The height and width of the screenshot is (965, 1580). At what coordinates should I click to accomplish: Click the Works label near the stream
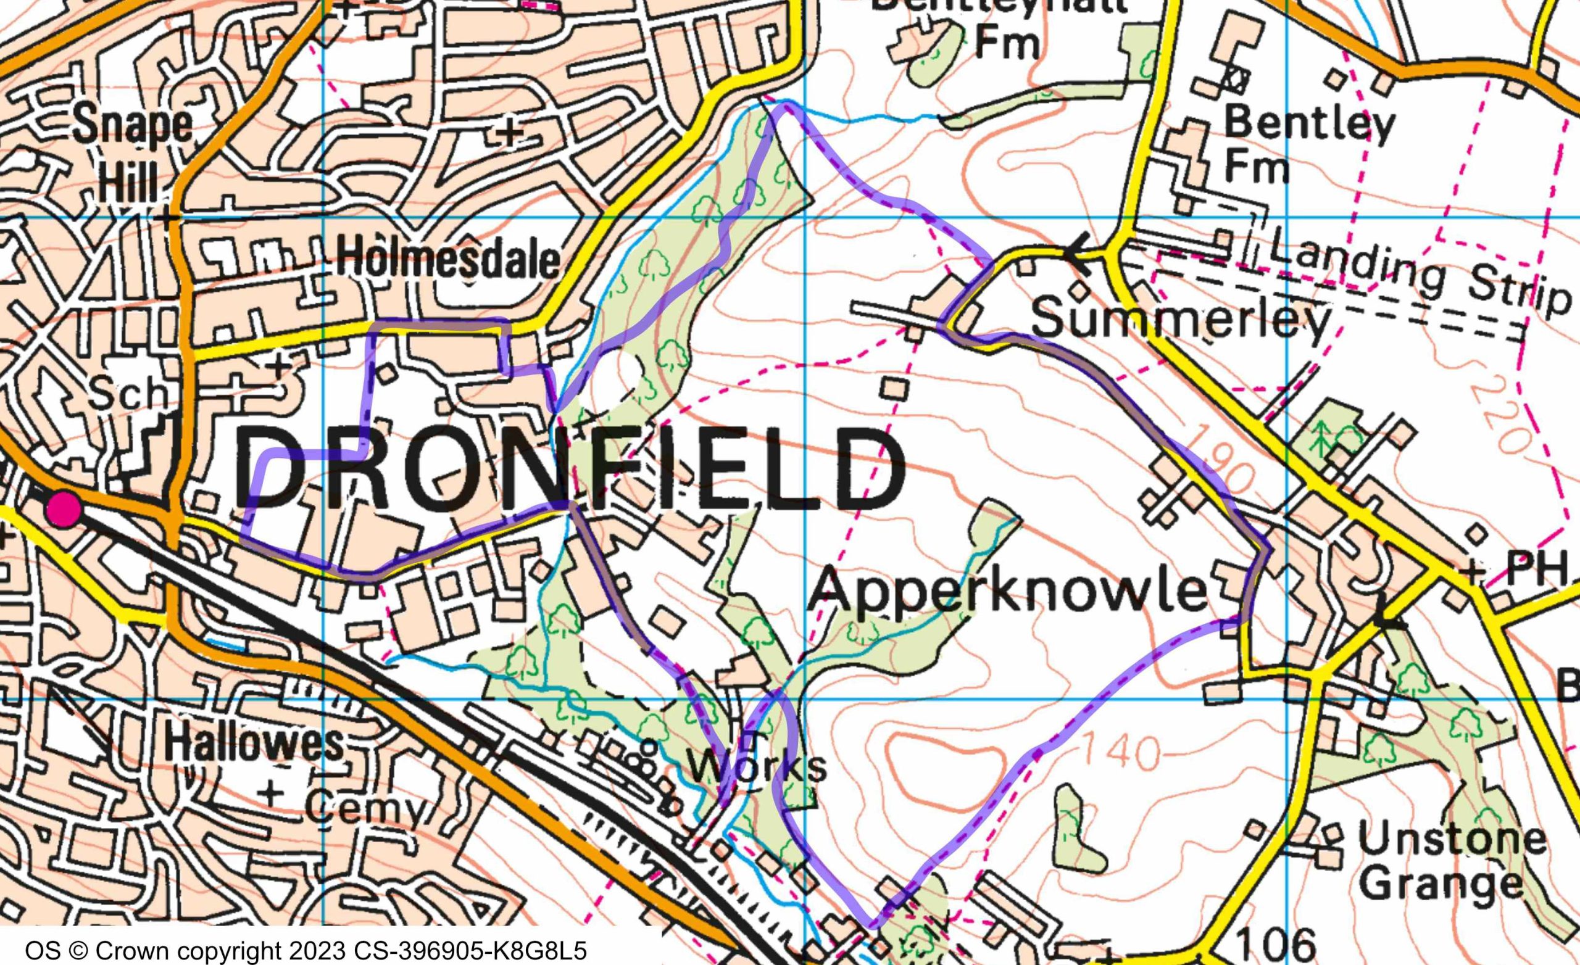tap(760, 766)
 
